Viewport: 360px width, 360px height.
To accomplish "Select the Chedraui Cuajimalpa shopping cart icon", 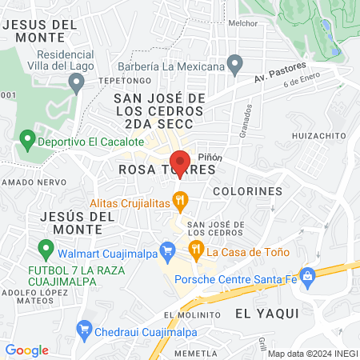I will [x=84, y=328].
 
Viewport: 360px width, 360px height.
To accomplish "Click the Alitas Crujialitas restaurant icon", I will [x=182, y=200].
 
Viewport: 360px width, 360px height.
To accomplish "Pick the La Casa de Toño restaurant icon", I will [x=196, y=251].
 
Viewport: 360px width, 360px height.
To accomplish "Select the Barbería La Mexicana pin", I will [x=234, y=64].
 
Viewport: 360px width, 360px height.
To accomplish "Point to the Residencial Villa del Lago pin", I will [x=77, y=82].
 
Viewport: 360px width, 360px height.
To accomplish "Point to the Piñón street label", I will [x=210, y=157].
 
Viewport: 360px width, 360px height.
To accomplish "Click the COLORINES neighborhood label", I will [x=248, y=191].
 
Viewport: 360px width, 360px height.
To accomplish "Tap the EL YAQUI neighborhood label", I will [x=260, y=314].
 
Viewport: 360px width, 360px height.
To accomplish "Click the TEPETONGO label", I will [x=118, y=82].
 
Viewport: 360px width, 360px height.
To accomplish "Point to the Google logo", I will [x=26, y=350].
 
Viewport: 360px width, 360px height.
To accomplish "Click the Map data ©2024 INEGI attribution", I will [x=311, y=354].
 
